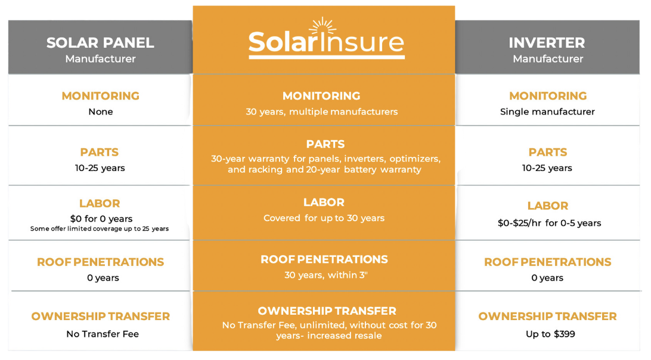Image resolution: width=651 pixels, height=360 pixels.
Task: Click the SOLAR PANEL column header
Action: (x=100, y=43)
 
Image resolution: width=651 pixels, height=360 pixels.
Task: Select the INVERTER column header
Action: (x=547, y=43)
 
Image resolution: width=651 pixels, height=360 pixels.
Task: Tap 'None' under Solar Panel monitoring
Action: (x=100, y=112)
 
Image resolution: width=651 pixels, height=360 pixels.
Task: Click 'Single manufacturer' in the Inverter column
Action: (x=547, y=112)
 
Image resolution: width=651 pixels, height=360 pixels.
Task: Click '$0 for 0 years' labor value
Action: (x=101, y=219)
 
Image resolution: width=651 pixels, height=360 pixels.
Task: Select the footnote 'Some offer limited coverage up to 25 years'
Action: (x=100, y=229)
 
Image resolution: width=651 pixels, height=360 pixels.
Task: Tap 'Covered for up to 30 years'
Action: (x=324, y=218)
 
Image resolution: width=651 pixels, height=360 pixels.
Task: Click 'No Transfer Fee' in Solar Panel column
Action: (x=103, y=334)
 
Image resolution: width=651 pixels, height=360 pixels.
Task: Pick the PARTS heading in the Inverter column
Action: (x=547, y=152)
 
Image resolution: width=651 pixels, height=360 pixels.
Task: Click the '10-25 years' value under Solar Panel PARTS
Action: (x=100, y=168)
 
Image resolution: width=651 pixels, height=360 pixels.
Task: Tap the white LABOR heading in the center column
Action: (x=324, y=203)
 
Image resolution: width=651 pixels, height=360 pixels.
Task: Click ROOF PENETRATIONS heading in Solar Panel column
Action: (x=100, y=262)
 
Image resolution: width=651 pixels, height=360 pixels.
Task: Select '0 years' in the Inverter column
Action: (x=547, y=278)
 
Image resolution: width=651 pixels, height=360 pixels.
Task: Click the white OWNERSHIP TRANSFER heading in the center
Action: (x=327, y=311)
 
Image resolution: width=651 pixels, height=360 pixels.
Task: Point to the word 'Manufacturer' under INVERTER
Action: (x=547, y=59)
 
